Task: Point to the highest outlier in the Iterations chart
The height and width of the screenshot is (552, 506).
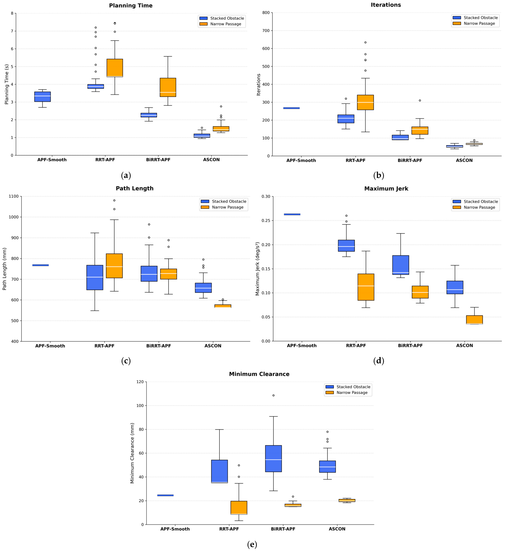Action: [365, 42]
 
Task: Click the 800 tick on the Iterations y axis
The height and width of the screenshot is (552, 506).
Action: [266, 13]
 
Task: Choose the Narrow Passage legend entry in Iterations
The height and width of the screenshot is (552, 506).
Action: [479, 24]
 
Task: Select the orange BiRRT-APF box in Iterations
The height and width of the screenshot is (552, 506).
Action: [420, 131]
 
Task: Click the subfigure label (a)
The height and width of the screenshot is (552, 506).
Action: [126, 176]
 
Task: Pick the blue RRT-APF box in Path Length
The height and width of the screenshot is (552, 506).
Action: [95, 277]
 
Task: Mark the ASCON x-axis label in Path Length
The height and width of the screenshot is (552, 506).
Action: [213, 346]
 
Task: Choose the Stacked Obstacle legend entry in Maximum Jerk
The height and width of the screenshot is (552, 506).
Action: [481, 201]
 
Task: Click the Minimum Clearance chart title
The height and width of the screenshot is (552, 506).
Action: [259, 374]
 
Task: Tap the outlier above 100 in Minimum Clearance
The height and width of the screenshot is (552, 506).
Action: [273, 395]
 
